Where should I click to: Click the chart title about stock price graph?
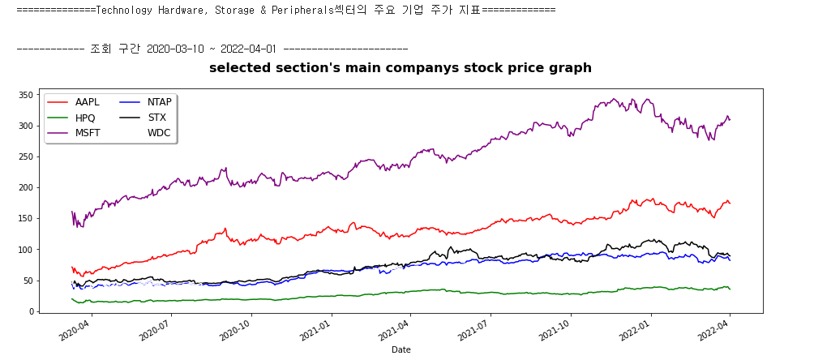click(x=401, y=68)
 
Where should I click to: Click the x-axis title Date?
click(x=401, y=349)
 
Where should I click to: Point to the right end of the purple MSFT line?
click(x=730, y=120)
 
